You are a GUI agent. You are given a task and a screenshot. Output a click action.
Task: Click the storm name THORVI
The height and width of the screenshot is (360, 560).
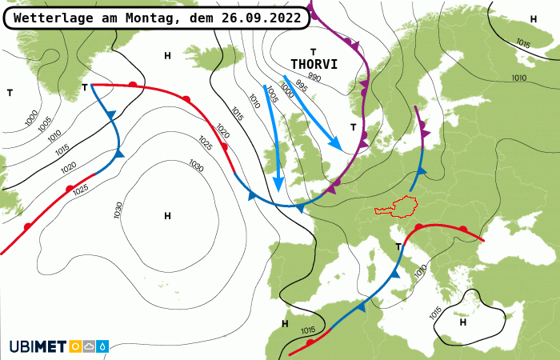pyautogui.click(x=314, y=64)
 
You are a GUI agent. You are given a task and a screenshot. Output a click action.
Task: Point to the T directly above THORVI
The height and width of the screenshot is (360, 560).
pyautogui.click(x=314, y=51)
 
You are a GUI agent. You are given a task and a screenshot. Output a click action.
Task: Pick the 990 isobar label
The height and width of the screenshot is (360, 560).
pyautogui.click(x=314, y=78)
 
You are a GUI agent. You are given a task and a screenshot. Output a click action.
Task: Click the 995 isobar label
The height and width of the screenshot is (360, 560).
pyautogui.click(x=301, y=86)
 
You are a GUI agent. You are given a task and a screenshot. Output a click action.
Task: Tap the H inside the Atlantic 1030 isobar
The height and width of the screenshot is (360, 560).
pyautogui.click(x=167, y=216)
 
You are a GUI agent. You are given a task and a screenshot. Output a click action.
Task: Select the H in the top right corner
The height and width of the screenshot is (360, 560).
pyautogui.click(x=534, y=18)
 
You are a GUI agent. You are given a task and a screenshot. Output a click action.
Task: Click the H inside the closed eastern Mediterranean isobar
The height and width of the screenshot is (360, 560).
pyautogui.click(x=463, y=322)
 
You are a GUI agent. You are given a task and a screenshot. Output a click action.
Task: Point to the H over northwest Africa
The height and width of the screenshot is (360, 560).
pyautogui.click(x=285, y=324)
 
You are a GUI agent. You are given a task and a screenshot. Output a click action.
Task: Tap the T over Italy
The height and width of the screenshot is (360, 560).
pyautogui.click(x=400, y=245)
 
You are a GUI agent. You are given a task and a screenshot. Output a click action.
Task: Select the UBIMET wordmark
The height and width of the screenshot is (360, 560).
pyautogui.click(x=38, y=346)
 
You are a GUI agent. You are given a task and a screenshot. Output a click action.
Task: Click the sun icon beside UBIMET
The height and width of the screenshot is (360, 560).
pyautogui.click(x=76, y=346)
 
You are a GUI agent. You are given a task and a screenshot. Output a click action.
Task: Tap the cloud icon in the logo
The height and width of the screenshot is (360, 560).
pyautogui.click(x=89, y=346)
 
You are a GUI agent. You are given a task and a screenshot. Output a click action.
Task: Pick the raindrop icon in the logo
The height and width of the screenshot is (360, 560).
pyautogui.click(x=102, y=346)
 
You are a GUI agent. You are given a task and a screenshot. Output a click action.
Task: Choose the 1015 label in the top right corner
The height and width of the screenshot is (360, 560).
pyautogui.click(x=523, y=42)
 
